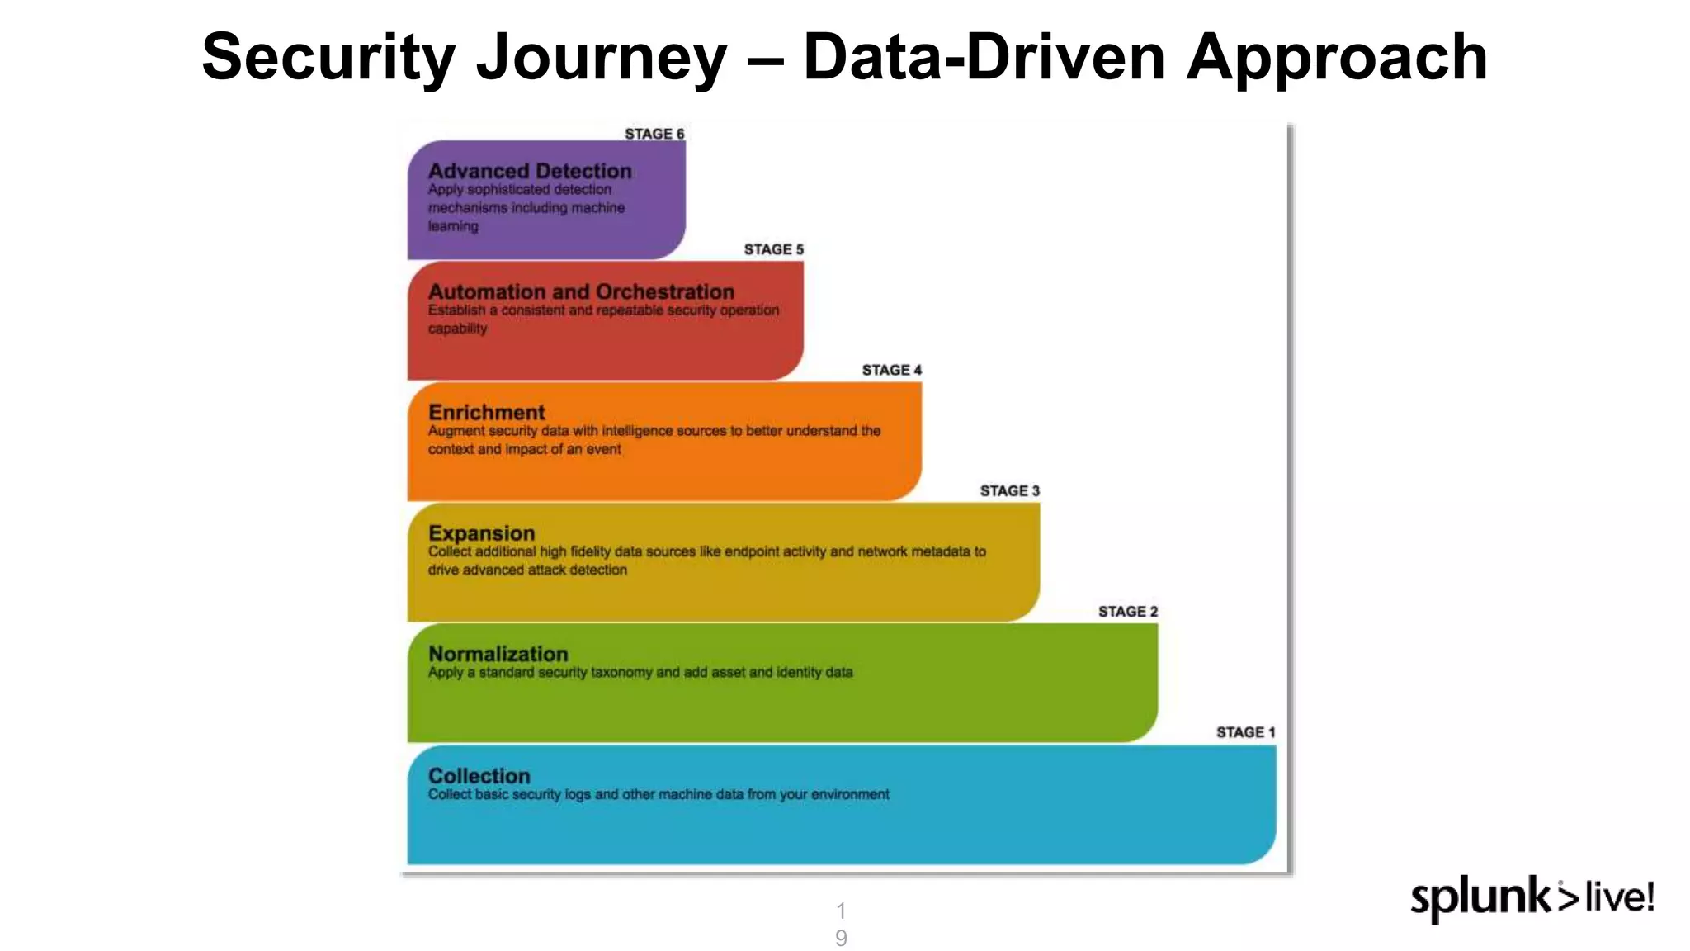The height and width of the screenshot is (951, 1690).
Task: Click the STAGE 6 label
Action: click(x=654, y=134)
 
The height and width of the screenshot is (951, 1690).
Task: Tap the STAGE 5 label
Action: click(x=773, y=249)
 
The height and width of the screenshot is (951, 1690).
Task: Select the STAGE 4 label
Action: click(x=891, y=370)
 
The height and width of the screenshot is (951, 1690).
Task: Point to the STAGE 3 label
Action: click(x=1009, y=490)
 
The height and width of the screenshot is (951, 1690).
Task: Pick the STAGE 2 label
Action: click(x=1127, y=612)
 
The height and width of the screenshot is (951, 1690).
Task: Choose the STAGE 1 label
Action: click(x=1245, y=732)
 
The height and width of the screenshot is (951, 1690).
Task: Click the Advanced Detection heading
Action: click(x=530, y=171)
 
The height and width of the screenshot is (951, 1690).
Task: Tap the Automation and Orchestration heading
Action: click(x=581, y=291)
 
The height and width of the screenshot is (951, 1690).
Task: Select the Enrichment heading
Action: click(x=487, y=412)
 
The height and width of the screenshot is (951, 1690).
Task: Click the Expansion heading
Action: click(x=482, y=533)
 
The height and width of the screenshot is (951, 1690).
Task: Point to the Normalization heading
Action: click(x=498, y=654)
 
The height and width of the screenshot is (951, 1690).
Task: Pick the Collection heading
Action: click(x=479, y=776)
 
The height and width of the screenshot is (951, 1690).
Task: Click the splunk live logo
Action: click(x=1532, y=898)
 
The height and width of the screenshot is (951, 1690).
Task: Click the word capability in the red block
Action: click(x=457, y=329)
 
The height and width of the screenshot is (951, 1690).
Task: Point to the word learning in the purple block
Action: click(x=453, y=226)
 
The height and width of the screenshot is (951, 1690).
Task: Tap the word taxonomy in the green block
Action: click(x=621, y=673)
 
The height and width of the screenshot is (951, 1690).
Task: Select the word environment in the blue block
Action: click(x=850, y=794)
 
